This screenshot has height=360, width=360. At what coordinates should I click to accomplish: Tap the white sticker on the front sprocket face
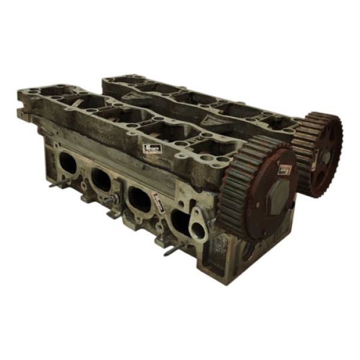[286, 170]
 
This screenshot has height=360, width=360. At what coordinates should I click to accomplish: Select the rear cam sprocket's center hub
[325, 157]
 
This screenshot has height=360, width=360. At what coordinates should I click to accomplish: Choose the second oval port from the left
[100, 179]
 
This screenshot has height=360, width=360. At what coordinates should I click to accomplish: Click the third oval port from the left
[139, 198]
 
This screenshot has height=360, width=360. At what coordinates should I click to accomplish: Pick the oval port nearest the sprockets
[181, 221]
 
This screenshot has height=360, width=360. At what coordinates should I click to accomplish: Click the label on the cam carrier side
[152, 148]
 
